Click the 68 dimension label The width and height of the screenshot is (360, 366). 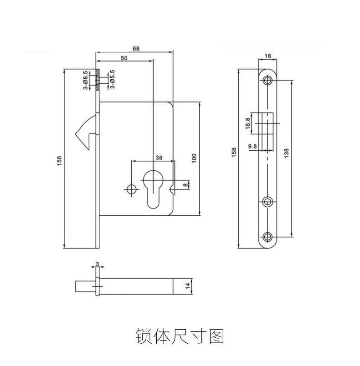tap(136, 49)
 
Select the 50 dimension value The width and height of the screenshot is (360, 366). tap(124, 58)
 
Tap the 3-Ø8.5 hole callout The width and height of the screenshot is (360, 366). tap(86, 80)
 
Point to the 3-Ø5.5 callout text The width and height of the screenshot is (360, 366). tap(113, 79)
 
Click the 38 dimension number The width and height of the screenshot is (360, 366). tap(159, 158)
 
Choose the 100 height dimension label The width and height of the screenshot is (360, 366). tap(194, 158)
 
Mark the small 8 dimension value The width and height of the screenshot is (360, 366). tap(185, 185)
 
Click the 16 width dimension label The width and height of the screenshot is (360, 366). tap(268, 56)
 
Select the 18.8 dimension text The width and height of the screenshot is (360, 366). tap(248, 123)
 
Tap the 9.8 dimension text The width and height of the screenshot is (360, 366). tap(252, 146)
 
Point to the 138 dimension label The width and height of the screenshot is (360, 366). tap(287, 153)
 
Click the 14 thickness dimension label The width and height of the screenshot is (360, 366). tap(188, 286)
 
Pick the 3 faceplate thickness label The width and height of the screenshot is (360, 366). tap(98, 264)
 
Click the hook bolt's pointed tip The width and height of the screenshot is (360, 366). tap(76, 134)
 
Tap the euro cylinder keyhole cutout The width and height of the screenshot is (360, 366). tap(153, 189)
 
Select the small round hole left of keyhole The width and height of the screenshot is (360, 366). tap(132, 189)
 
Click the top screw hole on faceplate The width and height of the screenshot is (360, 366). tap(268, 80)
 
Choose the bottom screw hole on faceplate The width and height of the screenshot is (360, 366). tap(268, 237)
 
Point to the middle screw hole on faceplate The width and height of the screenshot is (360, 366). tap(268, 202)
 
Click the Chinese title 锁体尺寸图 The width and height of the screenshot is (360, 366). tap(180, 336)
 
